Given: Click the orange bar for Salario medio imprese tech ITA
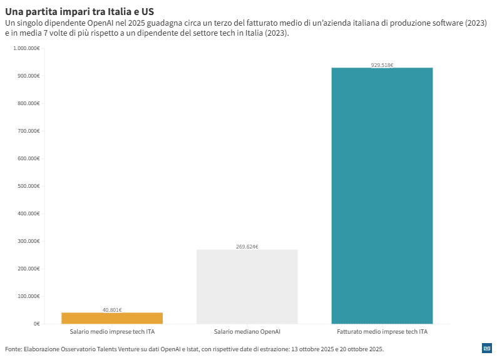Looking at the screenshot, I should tap(112, 318).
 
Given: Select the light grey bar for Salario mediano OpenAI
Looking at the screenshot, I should tap(247, 286).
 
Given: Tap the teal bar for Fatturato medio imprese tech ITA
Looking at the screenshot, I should tap(382, 195).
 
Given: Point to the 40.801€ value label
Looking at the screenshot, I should tap(112, 309).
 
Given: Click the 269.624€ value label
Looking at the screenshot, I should tap(247, 247).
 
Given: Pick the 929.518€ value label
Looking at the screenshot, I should tap(382, 64).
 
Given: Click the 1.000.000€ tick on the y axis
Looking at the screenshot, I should tap(26, 48).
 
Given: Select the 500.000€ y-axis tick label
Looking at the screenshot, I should tap(29, 186).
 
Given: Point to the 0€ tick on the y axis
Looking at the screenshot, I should tap(36, 324).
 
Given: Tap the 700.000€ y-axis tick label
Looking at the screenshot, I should tap(29, 131).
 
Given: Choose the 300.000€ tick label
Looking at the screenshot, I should tap(29, 241).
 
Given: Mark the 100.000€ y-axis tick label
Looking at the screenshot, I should tap(29, 296).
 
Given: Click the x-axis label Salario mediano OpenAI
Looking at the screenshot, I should tap(247, 331).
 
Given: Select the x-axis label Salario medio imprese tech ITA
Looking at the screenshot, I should tap(112, 331).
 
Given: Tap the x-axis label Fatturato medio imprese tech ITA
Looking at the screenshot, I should tap(382, 331).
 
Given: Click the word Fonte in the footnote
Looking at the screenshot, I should tap(13, 349).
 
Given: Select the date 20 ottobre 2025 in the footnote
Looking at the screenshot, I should tap(358, 349).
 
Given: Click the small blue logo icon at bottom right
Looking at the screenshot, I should tap(486, 348).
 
